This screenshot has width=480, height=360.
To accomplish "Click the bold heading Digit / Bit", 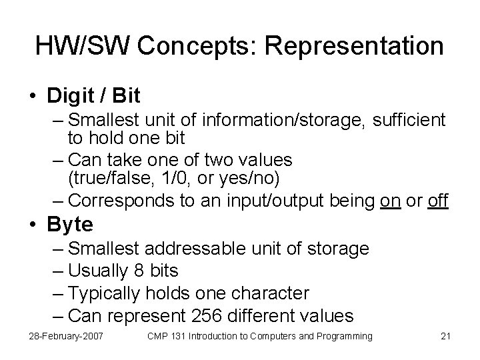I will coord(93,96).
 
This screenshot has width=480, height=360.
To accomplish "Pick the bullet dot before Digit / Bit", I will coord(33,97).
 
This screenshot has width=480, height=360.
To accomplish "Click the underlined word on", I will coord(389,200).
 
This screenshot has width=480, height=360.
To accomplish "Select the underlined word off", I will coord(437,200).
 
